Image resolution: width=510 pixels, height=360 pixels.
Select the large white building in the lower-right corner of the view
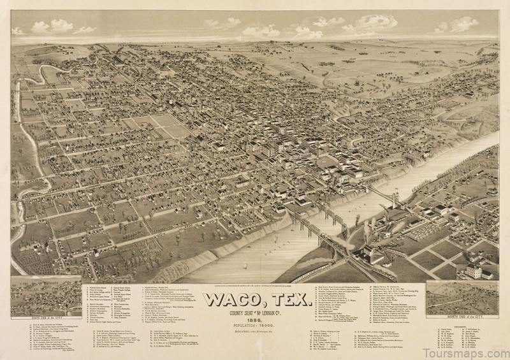coord(473,271)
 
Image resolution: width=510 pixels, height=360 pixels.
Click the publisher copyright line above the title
coord(255,284)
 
